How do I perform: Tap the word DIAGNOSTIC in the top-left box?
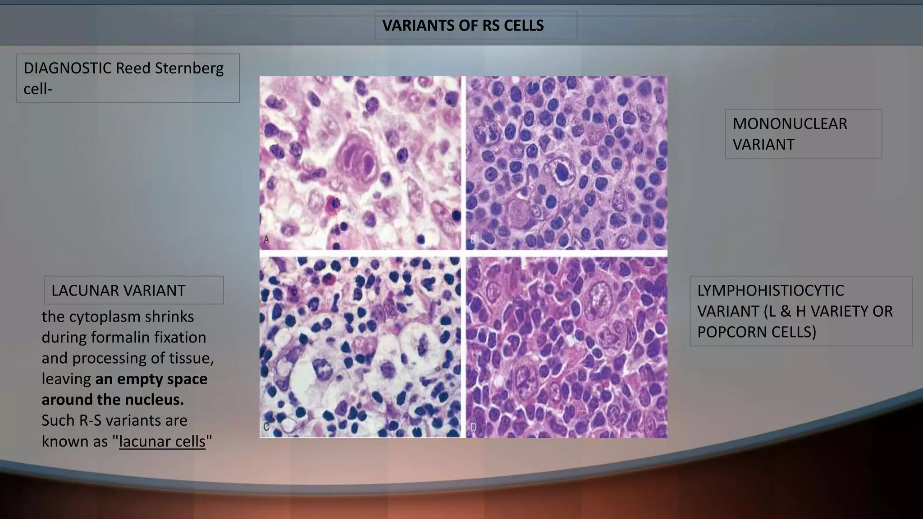pos(68,68)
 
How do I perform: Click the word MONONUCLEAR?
pos(790,124)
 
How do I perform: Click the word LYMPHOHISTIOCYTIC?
pos(770,291)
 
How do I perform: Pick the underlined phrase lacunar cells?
pos(162,442)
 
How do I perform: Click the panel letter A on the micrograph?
pos(266,240)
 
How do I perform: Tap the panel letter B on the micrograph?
pos(473,240)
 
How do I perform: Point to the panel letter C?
pos(266,427)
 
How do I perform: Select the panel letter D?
pos(473,427)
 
